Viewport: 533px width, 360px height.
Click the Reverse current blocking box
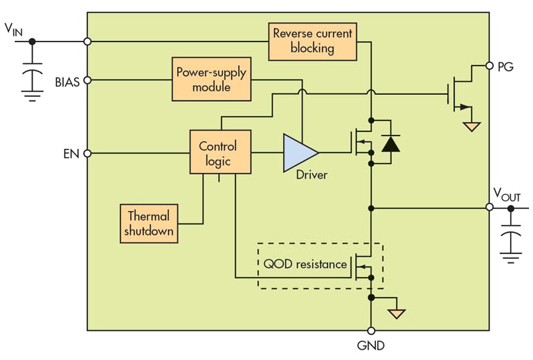(312, 41)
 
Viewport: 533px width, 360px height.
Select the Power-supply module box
(211, 80)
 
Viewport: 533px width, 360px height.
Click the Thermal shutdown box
(149, 223)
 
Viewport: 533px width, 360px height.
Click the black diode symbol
(391, 143)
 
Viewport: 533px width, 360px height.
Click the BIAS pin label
(67, 81)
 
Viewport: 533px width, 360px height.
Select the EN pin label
(71, 153)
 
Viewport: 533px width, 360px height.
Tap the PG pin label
(505, 66)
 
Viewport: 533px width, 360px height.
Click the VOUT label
(506, 195)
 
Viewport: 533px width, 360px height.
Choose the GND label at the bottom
(371, 345)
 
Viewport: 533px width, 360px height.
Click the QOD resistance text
(305, 264)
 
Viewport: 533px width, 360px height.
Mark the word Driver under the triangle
(311, 175)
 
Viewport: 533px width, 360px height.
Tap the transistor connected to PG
(459, 93)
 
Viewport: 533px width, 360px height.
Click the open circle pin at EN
(87, 153)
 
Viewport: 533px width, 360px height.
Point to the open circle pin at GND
(371, 330)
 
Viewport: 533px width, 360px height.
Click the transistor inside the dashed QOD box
(363, 264)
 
